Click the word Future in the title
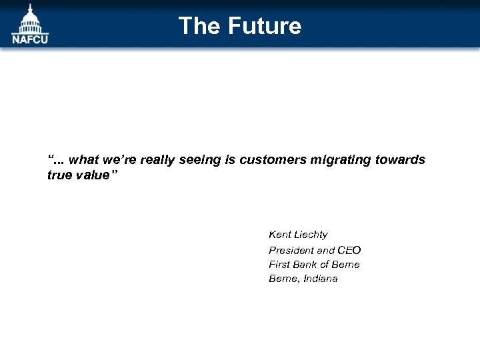click(x=265, y=26)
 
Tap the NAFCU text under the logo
click(x=30, y=39)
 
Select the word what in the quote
click(x=83, y=160)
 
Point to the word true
click(x=59, y=175)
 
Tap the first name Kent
click(x=280, y=235)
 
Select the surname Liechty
click(x=311, y=235)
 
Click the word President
click(x=291, y=250)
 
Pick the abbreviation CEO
click(x=349, y=250)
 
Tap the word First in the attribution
click(x=280, y=265)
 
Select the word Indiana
click(x=321, y=279)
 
